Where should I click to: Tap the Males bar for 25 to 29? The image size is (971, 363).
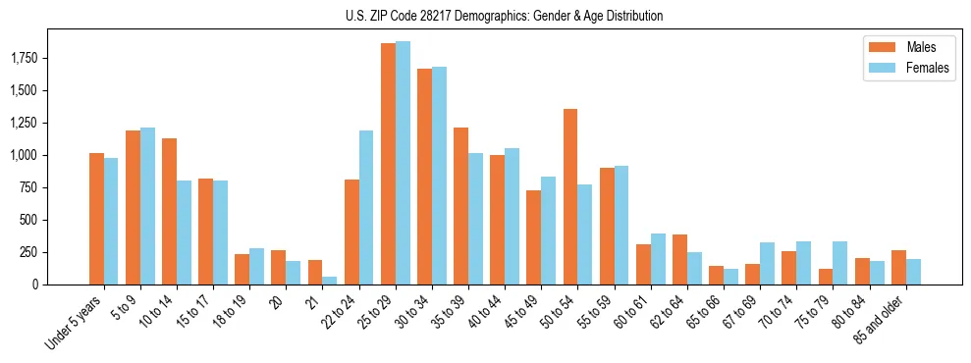[x=388, y=164]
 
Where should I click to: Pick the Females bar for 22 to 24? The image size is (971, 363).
[x=366, y=207]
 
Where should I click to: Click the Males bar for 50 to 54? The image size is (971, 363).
[x=570, y=196]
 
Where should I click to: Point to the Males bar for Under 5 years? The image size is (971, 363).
[x=96, y=219]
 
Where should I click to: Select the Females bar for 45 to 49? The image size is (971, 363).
[x=548, y=231]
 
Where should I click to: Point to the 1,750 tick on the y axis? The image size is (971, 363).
[x=24, y=59]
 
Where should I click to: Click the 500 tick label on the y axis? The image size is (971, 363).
[x=32, y=220]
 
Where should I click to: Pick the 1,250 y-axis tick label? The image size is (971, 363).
[x=24, y=124]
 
